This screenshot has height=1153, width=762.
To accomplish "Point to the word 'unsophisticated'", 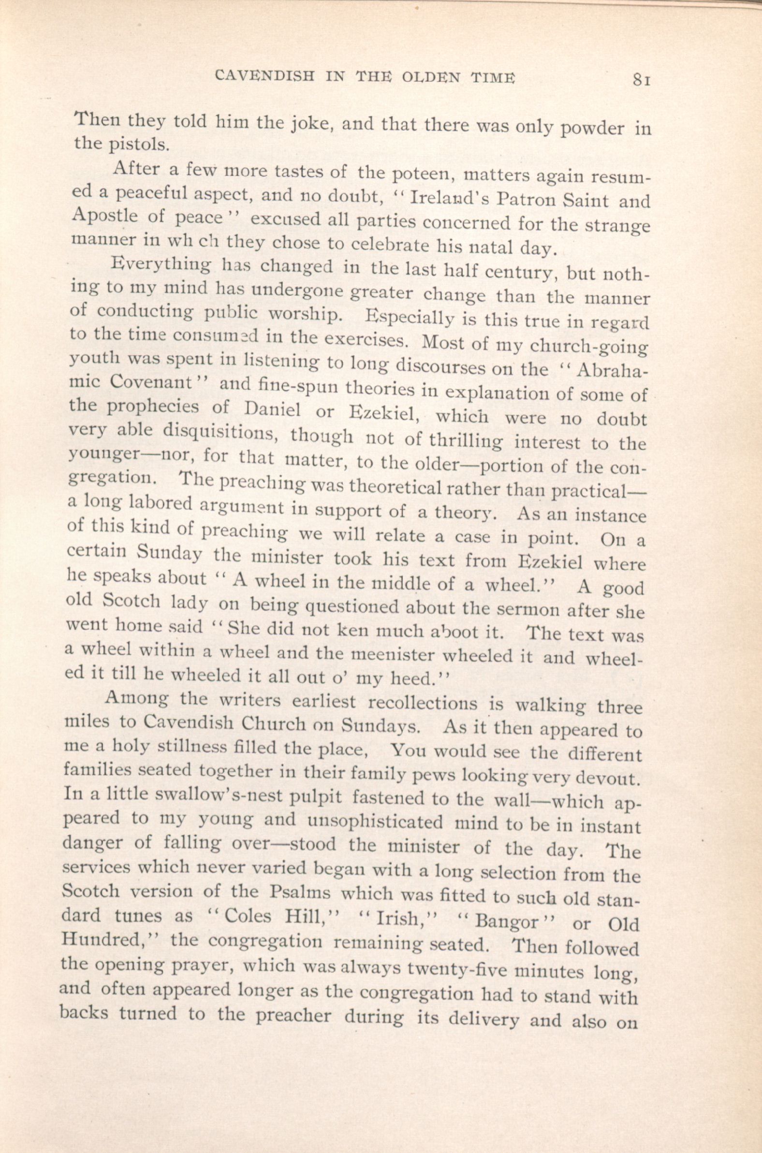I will click(375, 822).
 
